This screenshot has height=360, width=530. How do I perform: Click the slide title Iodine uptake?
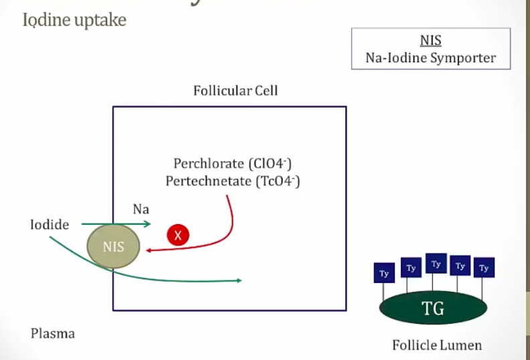(74, 19)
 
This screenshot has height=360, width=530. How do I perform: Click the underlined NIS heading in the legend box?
(431, 41)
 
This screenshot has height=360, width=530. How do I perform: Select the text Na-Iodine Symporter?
(431, 58)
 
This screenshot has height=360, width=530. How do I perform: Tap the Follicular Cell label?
(236, 90)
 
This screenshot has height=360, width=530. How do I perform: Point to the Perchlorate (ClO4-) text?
(232, 163)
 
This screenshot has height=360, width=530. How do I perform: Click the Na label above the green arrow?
(141, 209)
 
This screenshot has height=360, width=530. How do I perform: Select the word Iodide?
(50, 225)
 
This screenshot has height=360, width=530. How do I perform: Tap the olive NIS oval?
(114, 246)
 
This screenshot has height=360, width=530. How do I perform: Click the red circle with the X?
(178, 235)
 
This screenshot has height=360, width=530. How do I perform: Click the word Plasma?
(53, 333)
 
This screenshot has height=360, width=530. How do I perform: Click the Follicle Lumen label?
(437, 346)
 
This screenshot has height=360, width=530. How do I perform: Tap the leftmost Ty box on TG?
(384, 272)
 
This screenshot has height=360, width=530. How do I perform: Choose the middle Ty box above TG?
(436, 264)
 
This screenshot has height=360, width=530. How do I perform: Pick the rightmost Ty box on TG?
(484, 268)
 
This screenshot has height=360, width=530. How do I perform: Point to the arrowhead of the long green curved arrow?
(238, 280)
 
